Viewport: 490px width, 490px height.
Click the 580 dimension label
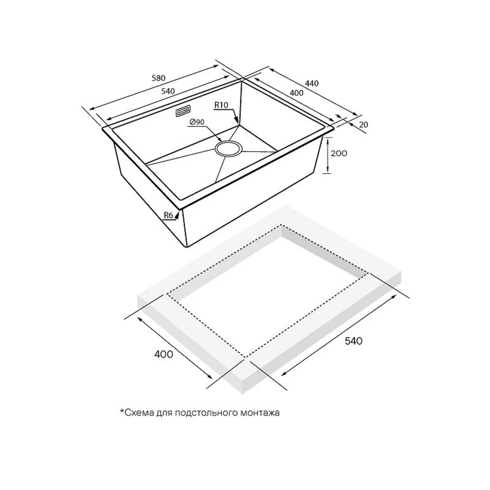pos(158,78)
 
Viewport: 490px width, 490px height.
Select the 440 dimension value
pos(312,83)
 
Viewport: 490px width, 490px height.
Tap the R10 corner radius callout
pos(221,105)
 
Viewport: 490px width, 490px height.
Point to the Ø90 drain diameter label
pos(197,122)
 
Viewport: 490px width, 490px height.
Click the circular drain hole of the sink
pos(228,148)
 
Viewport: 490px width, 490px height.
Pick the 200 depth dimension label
pos(339,153)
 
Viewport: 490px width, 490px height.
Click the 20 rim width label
pos(364,125)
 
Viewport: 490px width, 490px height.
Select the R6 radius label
pos(169,215)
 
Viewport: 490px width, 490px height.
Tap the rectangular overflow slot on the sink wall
pos(183,111)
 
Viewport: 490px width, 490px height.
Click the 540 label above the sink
pos(168,91)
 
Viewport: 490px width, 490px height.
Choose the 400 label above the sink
pos(296,93)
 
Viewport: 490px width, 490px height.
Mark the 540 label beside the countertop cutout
pos(353,340)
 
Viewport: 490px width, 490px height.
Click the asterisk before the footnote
pos(122,411)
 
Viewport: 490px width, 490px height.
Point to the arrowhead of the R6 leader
pos(177,215)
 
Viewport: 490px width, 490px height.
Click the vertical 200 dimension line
pos(327,155)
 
